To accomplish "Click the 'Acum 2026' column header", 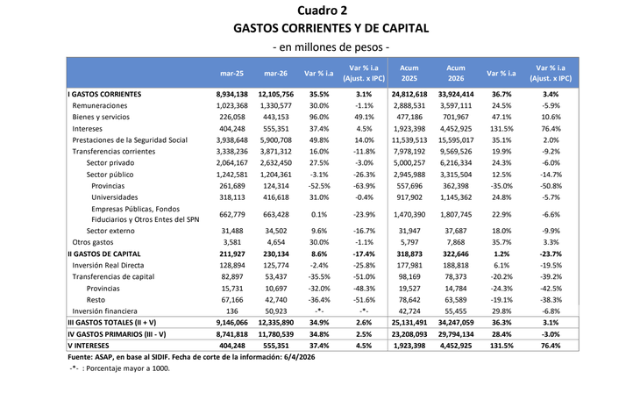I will (x=456, y=73).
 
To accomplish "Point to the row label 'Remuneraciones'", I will (x=100, y=104).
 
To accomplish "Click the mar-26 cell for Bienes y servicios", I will (x=275, y=116).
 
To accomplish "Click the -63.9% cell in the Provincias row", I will (x=368, y=186).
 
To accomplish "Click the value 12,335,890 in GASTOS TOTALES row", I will (x=275, y=322).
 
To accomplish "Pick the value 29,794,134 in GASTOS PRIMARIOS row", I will (x=456, y=333).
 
